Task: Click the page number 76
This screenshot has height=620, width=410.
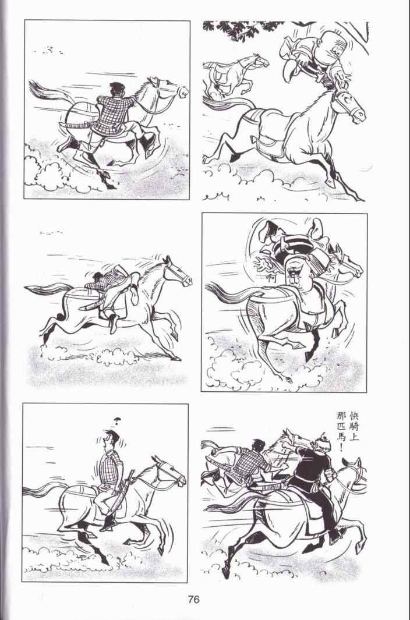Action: click(194, 600)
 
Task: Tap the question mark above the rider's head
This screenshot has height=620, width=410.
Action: click(116, 421)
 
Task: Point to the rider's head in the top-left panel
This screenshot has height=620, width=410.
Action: click(116, 89)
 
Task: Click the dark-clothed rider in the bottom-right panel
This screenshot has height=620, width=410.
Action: click(313, 486)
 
